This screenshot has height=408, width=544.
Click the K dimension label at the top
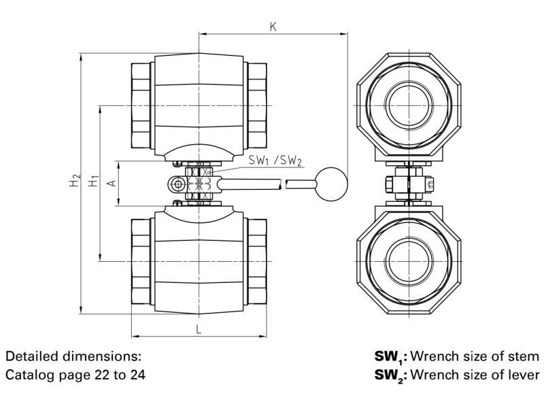point(273,27)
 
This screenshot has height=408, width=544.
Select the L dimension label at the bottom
point(198,329)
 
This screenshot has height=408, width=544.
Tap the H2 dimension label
point(75,183)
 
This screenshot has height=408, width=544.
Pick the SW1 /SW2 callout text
point(275,160)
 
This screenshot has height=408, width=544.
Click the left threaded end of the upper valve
point(140,102)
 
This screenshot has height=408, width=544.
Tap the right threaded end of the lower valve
point(256,262)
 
